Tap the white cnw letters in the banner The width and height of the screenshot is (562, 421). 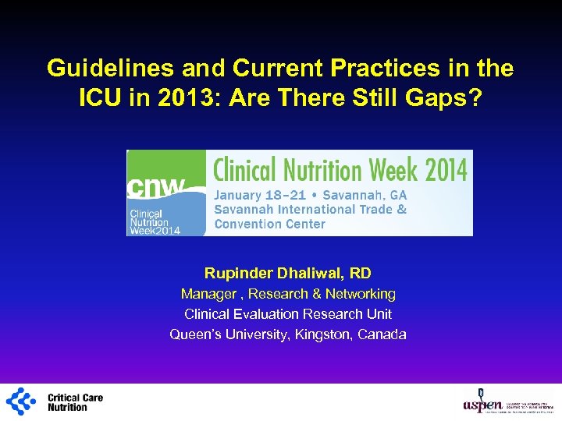pyautogui.click(x=157, y=188)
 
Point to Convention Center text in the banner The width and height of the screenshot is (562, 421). pyautogui.click(x=269, y=224)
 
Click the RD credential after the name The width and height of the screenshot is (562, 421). pyautogui.click(x=361, y=273)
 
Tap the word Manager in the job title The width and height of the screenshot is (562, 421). pyautogui.click(x=208, y=294)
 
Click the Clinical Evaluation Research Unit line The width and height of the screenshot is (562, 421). pyautogui.click(x=288, y=314)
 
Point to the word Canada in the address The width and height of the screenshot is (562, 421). pyautogui.click(x=381, y=334)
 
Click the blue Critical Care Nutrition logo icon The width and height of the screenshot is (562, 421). pyautogui.click(x=21, y=402)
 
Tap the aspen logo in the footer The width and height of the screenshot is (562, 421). pyautogui.click(x=484, y=402)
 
